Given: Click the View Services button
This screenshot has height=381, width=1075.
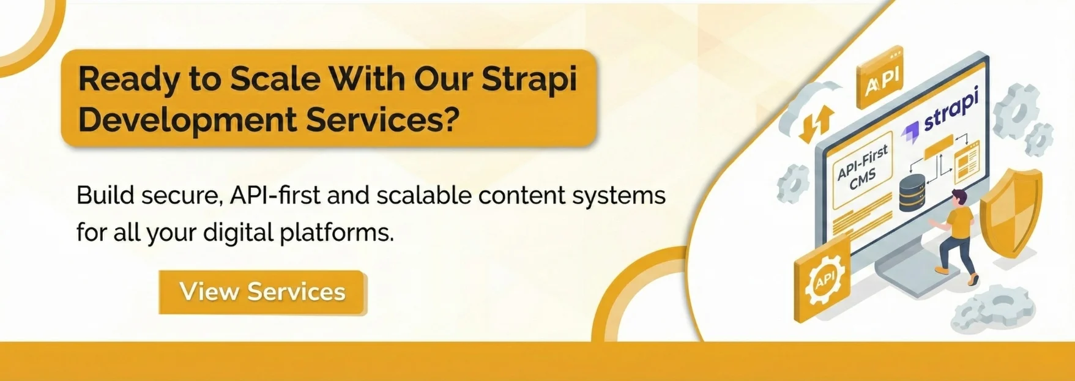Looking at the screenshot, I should (x=262, y=292).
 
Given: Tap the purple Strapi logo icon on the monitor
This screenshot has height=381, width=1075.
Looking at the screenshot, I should (x=910, y=130).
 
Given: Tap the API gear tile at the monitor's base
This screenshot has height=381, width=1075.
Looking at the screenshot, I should (x=823, y=278).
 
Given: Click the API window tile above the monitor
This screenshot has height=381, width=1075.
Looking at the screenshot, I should (x=880, y=78).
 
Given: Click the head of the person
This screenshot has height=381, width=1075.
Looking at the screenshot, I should (x=959, y=198).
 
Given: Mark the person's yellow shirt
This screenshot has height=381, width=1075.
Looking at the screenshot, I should (x=959, y=223).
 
